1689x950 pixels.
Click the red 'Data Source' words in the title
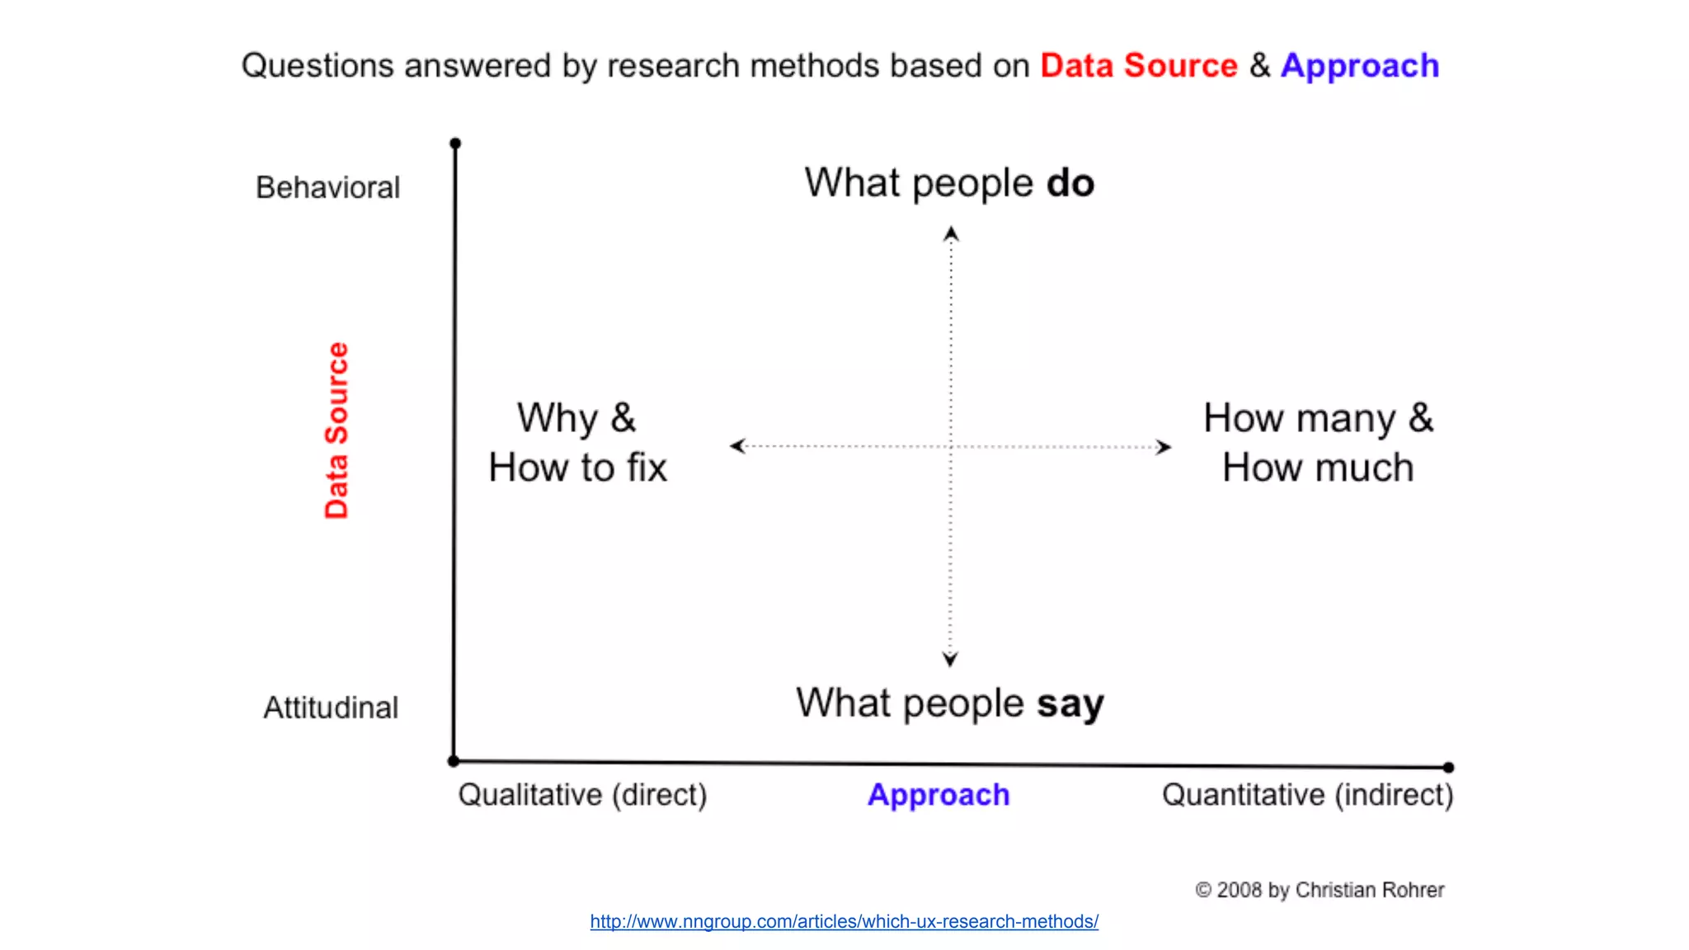(x=1138, y=66)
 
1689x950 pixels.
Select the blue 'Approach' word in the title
(x=1359, y=66)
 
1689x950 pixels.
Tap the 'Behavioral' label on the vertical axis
(x=327, y=188)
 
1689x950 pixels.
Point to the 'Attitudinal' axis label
(x=331, y=708)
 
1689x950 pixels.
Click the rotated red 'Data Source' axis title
(x=336, y=430)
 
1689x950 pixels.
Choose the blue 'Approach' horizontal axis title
(x=939, y=795)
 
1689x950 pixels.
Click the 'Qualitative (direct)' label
(x=582, y=795)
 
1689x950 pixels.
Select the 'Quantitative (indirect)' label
(x=1307, y=795)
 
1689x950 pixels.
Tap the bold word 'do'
(x=1070, y=183)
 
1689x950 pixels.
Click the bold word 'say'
(x=1070, y=704)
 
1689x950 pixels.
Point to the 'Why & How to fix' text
(x=577, y=443)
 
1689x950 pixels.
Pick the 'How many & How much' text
(x=1318, y=443)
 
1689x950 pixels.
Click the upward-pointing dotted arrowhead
(x=951, y=233)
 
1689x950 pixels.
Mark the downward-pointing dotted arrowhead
(x=950, y=659)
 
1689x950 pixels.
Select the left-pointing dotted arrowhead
(x=737, y=446)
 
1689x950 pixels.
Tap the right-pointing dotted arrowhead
(x=1164, y=447)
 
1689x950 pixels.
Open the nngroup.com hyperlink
(x=844, y=922)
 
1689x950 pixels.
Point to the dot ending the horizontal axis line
(x=1448, y=768)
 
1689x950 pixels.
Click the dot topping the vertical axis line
(x=455, y=143)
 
